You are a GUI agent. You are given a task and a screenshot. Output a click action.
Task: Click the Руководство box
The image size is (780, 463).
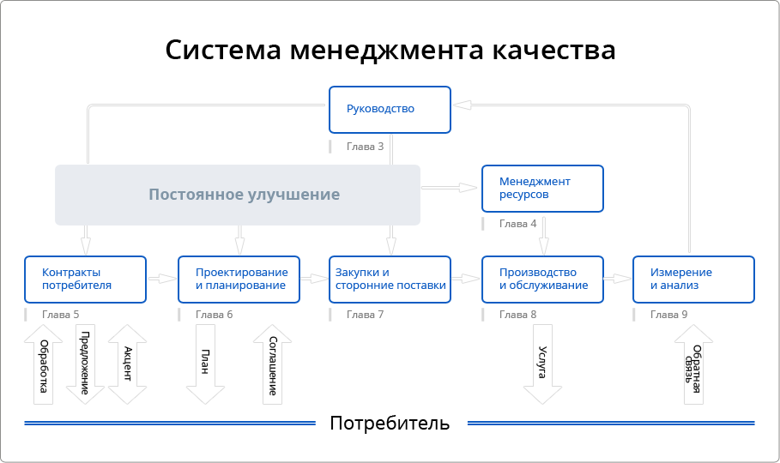point(390,109)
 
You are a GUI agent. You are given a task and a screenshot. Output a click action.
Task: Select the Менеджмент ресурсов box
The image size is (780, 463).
point(542,189)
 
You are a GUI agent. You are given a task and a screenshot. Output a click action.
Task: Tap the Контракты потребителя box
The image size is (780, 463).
point(85,279)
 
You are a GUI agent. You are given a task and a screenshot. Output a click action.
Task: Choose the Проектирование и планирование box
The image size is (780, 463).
point(239,279)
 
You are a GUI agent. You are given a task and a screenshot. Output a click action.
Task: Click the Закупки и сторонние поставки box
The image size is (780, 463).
point(390,279)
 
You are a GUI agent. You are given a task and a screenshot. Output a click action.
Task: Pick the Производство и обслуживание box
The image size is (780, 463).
point(542,279)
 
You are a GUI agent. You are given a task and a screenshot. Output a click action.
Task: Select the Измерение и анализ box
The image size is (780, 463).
point(693,279)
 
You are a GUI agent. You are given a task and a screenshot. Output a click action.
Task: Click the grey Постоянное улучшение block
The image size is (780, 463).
point(238,195)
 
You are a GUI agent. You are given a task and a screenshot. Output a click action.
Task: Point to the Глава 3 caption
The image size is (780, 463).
point(365,147)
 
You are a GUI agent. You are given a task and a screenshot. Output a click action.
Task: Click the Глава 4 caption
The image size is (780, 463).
point(517,224)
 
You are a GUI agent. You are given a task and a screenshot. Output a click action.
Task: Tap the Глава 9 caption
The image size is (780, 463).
point(668,315)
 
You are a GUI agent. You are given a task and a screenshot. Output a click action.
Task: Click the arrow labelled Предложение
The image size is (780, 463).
point(85,364)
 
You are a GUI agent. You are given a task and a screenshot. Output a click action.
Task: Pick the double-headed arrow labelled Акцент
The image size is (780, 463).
point(127,364)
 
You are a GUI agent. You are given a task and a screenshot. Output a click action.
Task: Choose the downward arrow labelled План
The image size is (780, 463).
point(206,364)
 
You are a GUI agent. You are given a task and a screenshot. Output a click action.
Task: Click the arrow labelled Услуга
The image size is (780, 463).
point(542,364)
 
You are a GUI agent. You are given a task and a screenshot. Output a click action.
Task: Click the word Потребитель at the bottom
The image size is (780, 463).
point(390,424)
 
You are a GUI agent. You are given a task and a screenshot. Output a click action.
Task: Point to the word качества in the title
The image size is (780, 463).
point(553,50)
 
